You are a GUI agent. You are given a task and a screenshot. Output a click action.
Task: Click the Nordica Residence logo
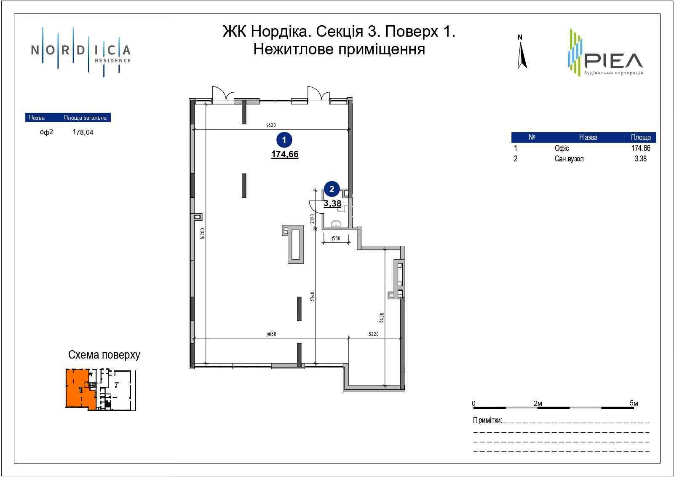[x=81, y=51]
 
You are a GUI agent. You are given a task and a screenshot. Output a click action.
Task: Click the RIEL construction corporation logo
[x=605, y=53]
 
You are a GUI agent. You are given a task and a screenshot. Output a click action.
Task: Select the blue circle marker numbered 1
[x=284, y=139]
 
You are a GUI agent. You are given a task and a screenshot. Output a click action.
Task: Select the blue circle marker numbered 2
[x=332, y=189]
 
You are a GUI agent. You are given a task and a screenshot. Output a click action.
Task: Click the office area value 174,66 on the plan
[x=285, y=154]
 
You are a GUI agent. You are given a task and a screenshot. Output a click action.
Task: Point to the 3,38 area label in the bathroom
[x=332, y=204]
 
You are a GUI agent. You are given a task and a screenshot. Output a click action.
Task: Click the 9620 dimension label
[x=271, y=125]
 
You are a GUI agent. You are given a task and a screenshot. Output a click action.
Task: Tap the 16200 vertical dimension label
[x=202, y=233]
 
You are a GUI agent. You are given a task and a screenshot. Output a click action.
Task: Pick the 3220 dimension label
[x=373, y=334]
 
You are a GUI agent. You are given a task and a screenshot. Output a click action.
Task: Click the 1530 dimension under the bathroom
[x=335, y=238]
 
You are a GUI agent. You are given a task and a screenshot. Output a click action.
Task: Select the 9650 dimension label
[x=271, y=334]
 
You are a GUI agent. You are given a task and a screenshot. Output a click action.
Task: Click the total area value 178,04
[x=83, y=132]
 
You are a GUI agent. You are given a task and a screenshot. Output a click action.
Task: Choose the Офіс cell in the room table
[x=562, y=148]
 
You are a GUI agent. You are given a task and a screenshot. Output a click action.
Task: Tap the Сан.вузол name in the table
[x=569, y=159]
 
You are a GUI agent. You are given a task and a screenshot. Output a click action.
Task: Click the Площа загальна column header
[x=85, y=118]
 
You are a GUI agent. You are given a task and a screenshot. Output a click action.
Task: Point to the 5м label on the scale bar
[x=634, y=403]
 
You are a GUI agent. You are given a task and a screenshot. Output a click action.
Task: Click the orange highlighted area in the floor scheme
[x=78, y=388]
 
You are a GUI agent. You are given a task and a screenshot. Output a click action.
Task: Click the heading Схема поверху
[x=104, y=355]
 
